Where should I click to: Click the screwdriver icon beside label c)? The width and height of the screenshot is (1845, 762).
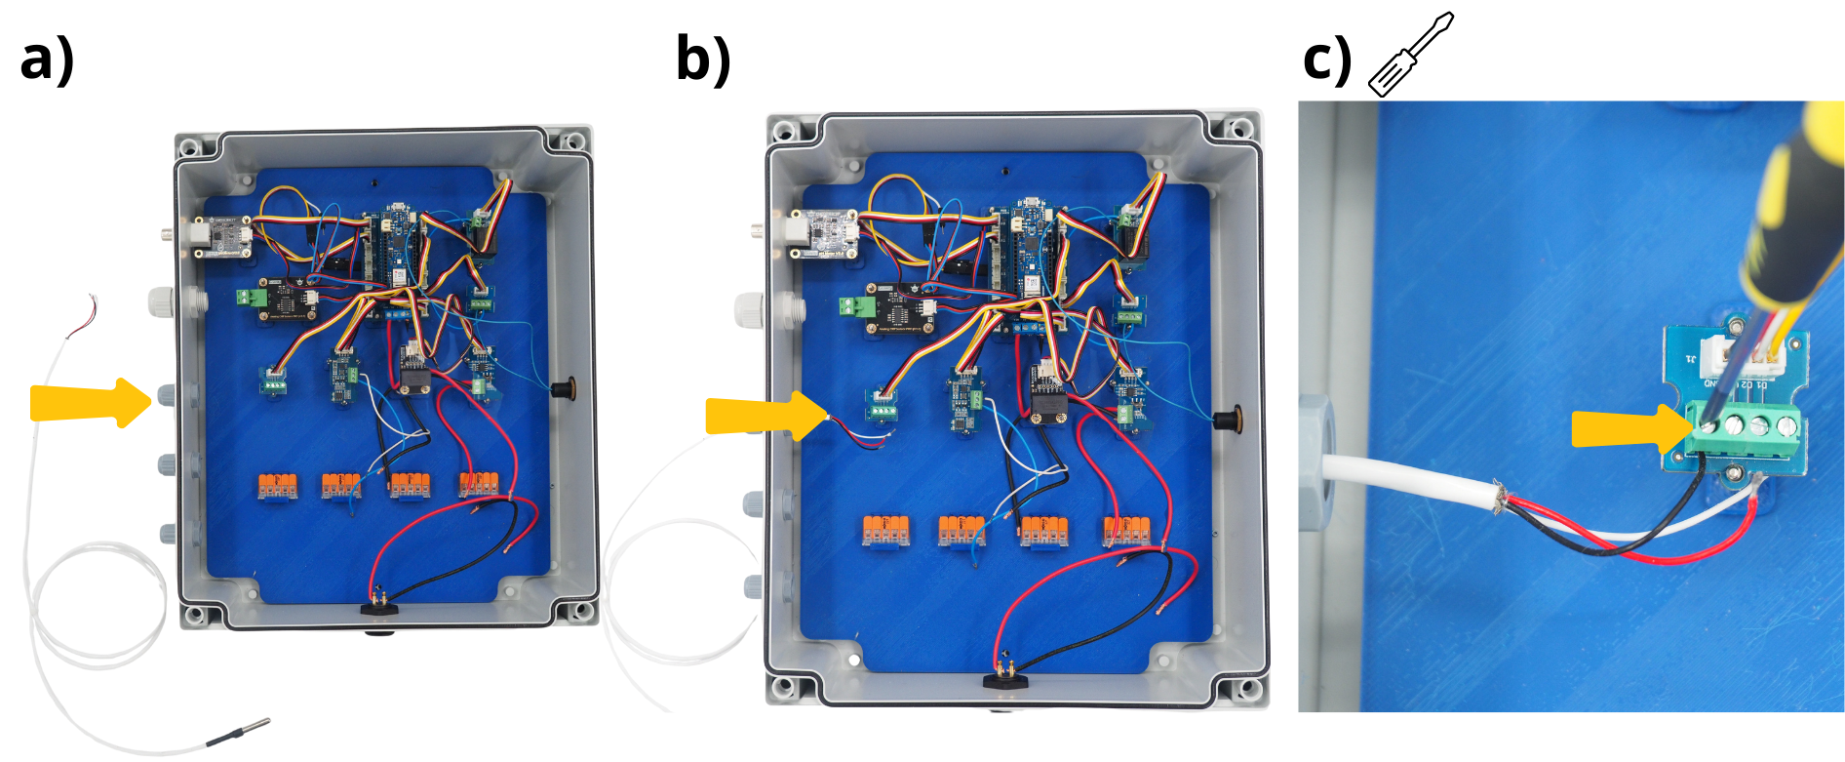pyautogui.click(x=1410, y=55)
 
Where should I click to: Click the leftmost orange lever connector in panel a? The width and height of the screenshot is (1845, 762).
pyautogui.click(x=277, y=484)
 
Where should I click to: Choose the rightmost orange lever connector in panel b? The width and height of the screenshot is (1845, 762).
pyautogui.click(x=1127, y=530)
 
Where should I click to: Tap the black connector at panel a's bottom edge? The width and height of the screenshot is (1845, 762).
pyautogui.click(x=379, y=609)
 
